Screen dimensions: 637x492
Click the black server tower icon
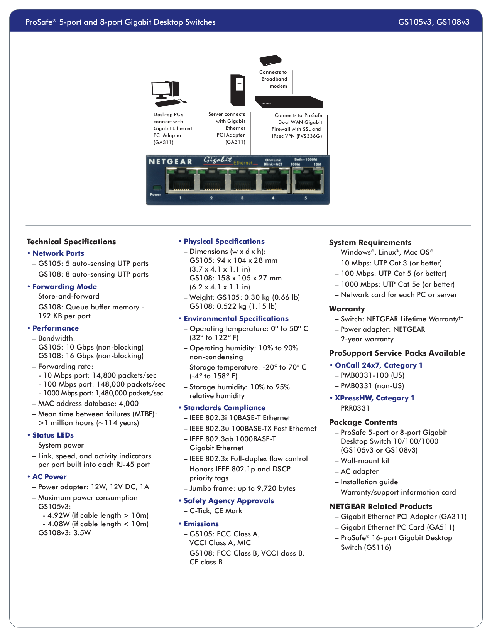pyautogui.click(x=238, y=90)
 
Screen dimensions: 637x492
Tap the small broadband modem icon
pyautogui.click(x=270, y=61)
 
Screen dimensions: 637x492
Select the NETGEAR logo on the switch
pyautogui.click(x=170, y=162)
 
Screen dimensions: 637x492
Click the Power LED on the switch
pyautogui.click(x=156, y=188)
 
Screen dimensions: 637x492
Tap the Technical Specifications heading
pyautogui.click(x=71, y=242)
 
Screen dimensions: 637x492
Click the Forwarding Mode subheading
pyautogui.click(x=64, y=286)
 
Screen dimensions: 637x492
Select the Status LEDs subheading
pyautogui.click(x=53, y=435)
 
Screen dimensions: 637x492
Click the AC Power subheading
pyautogui.click(x=49, y=476)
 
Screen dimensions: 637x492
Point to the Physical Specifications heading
pyautogui.click(x=224, y=241)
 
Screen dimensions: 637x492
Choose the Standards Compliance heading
pyautogui.click(x=224, y=407)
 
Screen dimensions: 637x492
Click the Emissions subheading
pyautogui.click(x=201, y=524)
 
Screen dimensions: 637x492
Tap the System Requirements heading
pyautogui.click(x=370, y=242)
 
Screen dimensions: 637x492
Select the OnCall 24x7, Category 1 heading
pyautogui.click(x=378, y=365)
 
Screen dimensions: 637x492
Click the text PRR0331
pyautogui.click(x=355, y=408)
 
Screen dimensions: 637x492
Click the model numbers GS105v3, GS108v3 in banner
pyautogui.click(x=434, y=22)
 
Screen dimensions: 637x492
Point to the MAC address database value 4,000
pyautogui.click(x=128, y=404)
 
